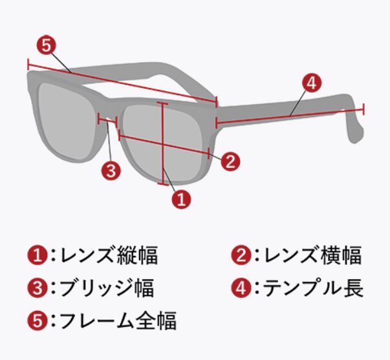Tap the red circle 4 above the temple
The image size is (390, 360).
coord(311,83)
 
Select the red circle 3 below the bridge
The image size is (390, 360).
coord(112,171)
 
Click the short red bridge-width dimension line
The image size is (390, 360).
coord(106,120)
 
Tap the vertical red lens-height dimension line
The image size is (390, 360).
coord(163,142)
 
